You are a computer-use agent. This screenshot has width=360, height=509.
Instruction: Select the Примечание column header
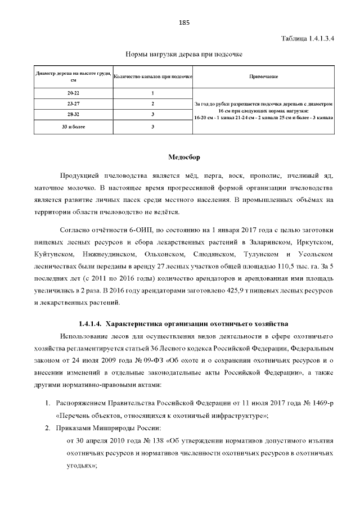pyautogui.click(x=263, y=76)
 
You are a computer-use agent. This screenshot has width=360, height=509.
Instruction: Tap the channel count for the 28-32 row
pyautogui.click(x=153, y=115)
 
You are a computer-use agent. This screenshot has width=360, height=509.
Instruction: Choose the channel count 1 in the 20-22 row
pyautogui.click(x=153, y=92)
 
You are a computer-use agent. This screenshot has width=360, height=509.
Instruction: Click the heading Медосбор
pyautogui.click(x=184, y=157)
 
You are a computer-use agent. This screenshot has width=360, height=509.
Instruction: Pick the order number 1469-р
pyautogui.click(x=318, y=403)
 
